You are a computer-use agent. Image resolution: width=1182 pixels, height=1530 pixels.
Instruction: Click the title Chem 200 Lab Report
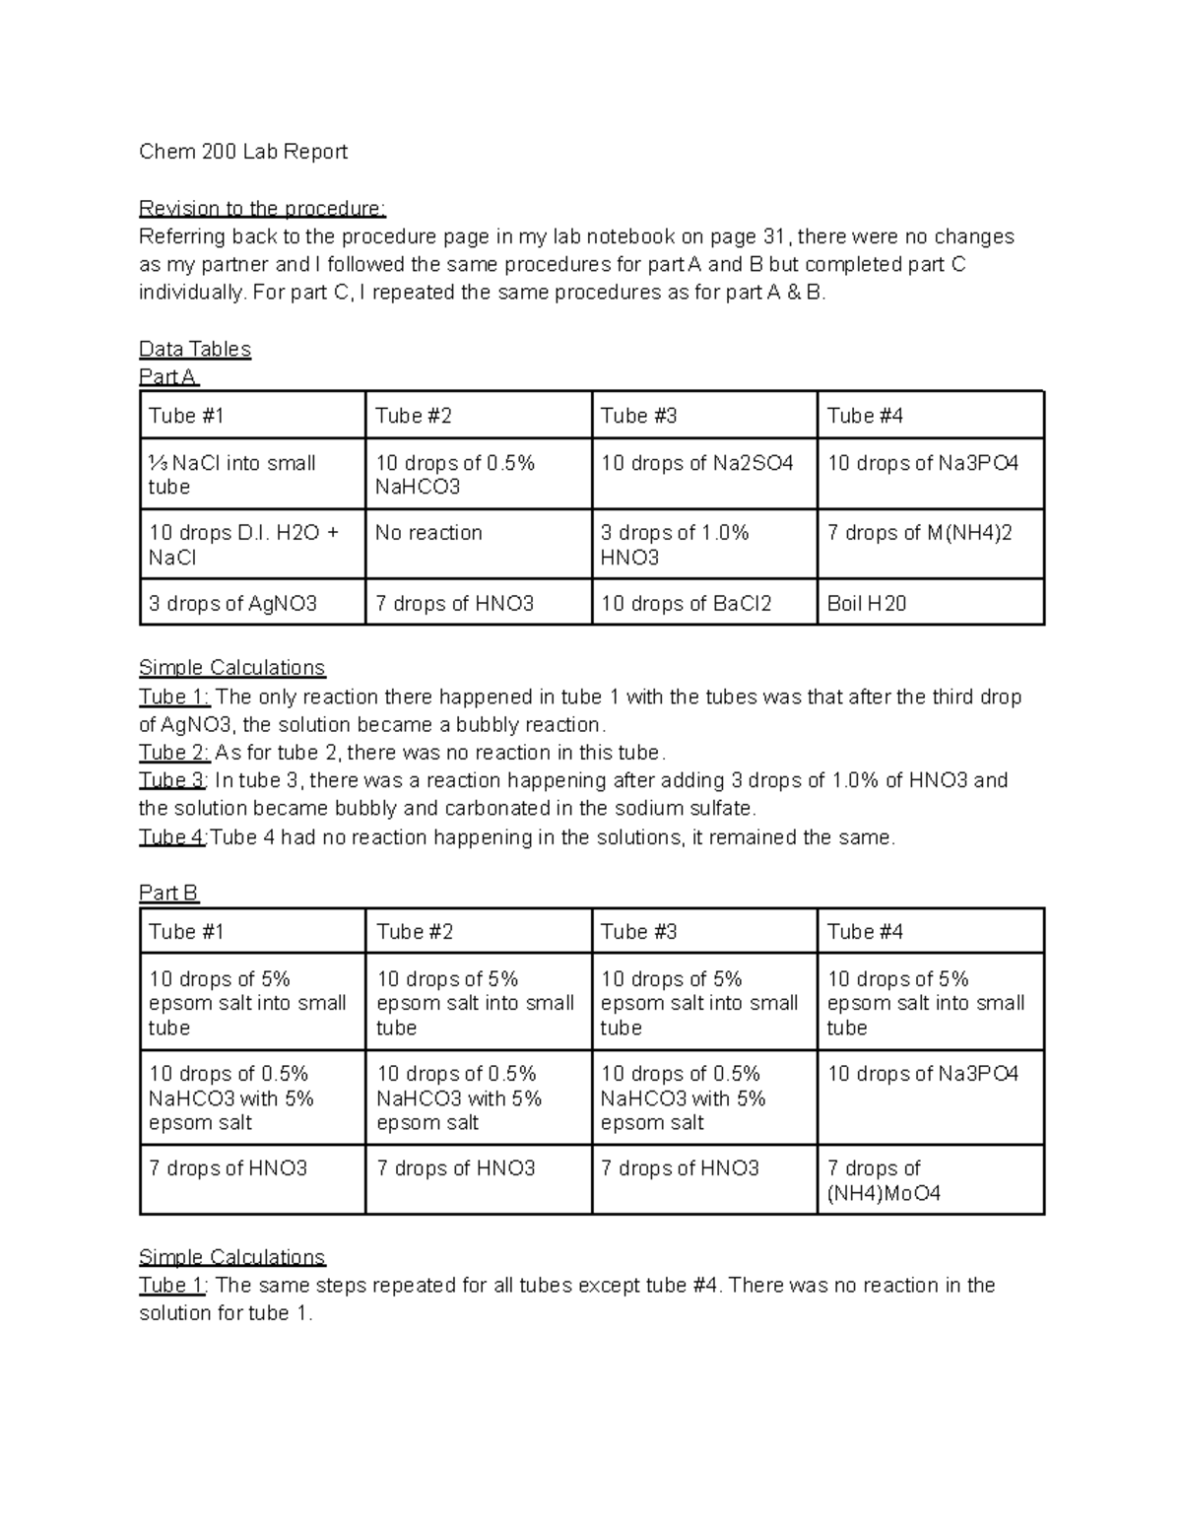(x=242, y=152)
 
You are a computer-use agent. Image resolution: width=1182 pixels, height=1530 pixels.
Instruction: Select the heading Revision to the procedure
(x=262, y=209)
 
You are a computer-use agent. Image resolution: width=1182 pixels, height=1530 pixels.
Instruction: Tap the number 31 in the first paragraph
(x=774, y=236)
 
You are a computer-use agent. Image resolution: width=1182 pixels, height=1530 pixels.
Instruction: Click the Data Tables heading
(x=195, y=349)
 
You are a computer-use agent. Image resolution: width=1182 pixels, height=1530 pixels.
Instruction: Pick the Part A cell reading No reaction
(x=428, y=533)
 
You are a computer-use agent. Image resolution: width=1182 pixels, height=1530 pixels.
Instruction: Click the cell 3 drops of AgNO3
(x=232, y=604)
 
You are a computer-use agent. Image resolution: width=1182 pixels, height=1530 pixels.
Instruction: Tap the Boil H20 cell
(x=866, y=604)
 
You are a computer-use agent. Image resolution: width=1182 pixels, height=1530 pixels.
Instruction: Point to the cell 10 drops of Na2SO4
(x=696, y=463)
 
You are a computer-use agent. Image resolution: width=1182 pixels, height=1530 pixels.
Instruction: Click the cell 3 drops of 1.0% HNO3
(x=675, y=545)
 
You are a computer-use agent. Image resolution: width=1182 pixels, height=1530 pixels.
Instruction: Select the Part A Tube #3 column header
(x=638, y=416)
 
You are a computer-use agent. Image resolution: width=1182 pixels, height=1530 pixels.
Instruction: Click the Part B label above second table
(x=168, y=893)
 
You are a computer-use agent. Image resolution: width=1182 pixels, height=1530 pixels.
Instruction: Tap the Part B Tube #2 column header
(x=414, y=932)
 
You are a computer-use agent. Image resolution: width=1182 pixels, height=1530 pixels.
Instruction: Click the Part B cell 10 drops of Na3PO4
(x=922, y=1074)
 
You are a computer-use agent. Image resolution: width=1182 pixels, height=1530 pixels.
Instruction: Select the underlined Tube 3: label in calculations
(x=172, y=780)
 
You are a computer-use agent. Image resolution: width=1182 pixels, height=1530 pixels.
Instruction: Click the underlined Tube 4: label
(x=172, y=837)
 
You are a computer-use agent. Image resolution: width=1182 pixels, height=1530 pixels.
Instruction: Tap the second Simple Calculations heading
(x=231, y=1257)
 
